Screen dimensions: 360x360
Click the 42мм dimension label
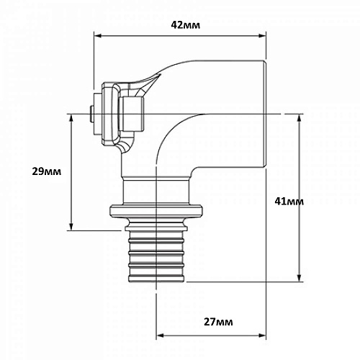click(x=185, y=25)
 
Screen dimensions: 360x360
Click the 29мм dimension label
click(x=47, y=171)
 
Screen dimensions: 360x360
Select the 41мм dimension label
click(x=289, y=202)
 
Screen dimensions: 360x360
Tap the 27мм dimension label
click(x=218, y=322)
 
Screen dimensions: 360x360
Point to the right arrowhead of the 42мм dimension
click(x=262, y=36)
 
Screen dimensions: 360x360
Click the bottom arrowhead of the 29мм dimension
click(x=71, y=227)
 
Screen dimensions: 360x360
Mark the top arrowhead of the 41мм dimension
click(x=299, y=118)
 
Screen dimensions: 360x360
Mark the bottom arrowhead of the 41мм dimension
click(x=299, y=278)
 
